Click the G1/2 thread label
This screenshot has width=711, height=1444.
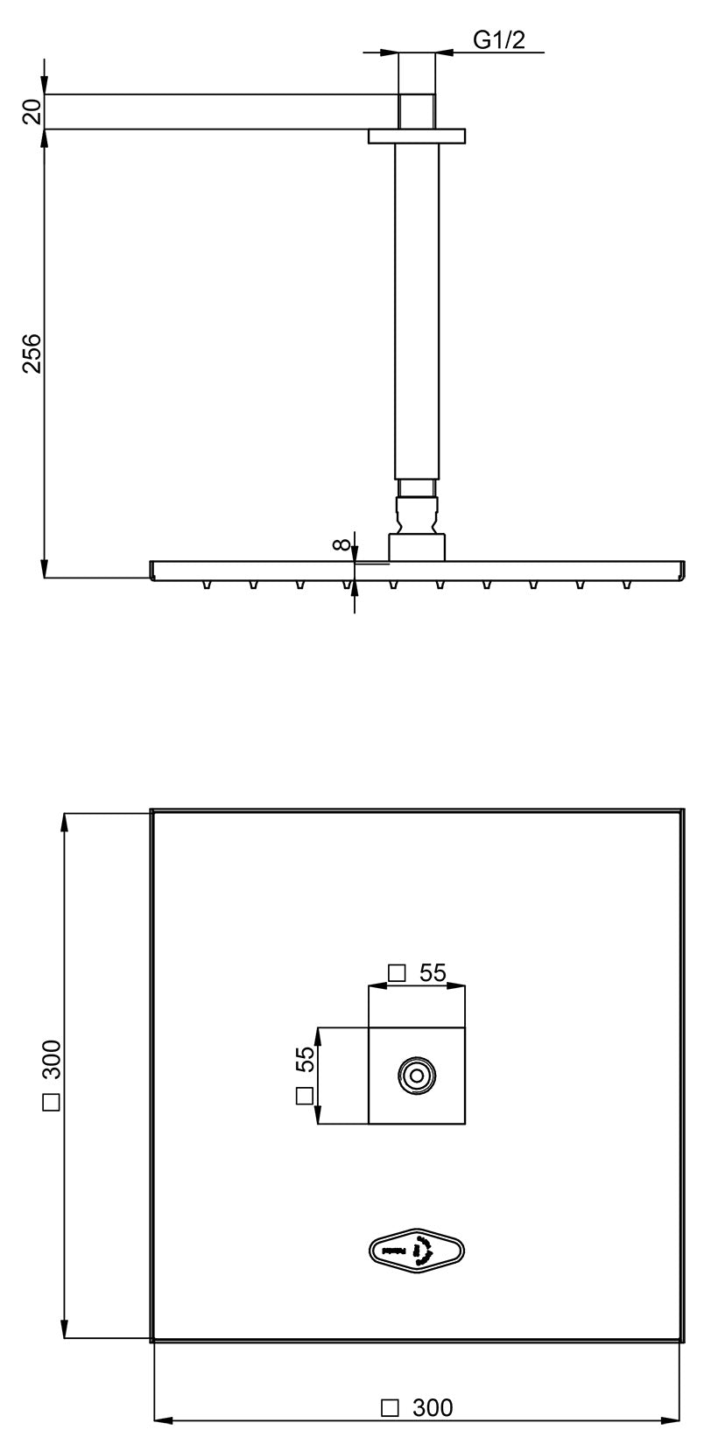pos(499,40)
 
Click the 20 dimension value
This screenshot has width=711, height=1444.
pos(32,112)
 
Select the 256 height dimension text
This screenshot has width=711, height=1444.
pos(32,353)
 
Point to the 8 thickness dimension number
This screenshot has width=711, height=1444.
pos(341,544)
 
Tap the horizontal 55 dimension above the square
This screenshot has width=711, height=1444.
pos(433,973)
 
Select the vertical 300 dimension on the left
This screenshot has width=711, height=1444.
pos(52,1062)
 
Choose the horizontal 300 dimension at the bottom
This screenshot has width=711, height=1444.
pos(433,1407)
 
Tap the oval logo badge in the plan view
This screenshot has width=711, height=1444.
pos(416,1249)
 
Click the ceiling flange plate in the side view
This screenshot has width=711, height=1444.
pos(416,137)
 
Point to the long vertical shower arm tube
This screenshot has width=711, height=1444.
pos(416,306)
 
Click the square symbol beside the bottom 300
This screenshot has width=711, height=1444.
pos(391,1408)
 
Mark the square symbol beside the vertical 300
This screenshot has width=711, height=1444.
pos(52,1102)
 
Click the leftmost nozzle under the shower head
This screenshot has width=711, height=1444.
pos(206,584)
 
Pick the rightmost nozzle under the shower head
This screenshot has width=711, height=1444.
pos(626,584)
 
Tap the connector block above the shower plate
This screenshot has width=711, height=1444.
pos(417,547)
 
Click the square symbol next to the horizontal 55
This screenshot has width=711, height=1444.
pos(397,973)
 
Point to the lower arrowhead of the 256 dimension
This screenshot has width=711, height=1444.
pos(44,570)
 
